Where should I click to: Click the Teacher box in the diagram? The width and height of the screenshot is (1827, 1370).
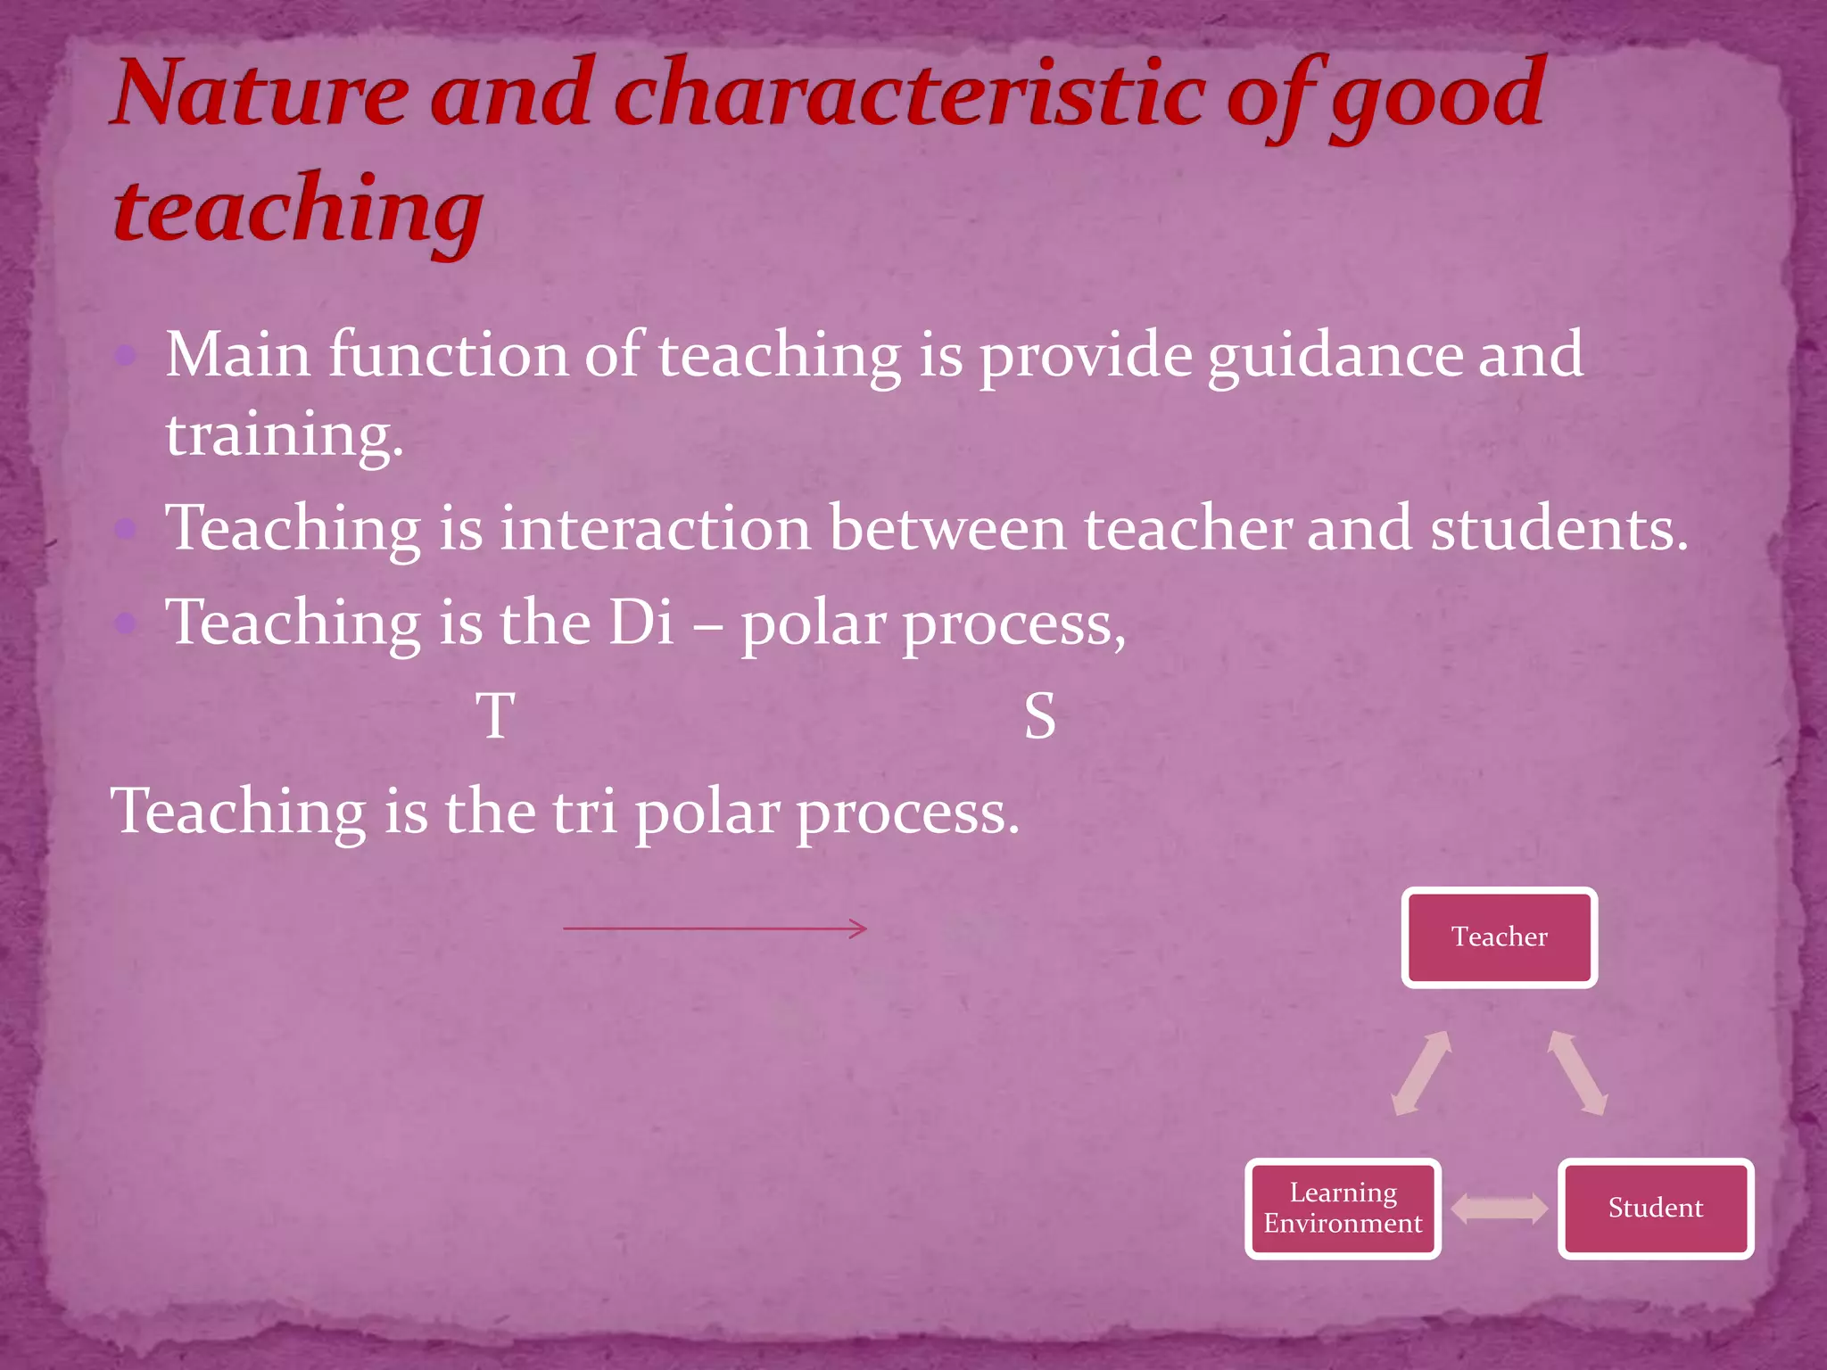1499,937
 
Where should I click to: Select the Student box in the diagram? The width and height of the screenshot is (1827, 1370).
1655,1208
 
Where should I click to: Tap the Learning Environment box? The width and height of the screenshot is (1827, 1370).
1343,1208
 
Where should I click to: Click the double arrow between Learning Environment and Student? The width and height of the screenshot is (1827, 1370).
1499,1209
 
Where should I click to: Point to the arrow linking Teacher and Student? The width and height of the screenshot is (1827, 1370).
1577,1073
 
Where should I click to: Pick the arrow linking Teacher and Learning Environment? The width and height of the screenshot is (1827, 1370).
1422,1073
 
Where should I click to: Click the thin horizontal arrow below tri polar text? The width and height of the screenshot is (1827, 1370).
714,928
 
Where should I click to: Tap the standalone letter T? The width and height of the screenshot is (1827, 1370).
496,716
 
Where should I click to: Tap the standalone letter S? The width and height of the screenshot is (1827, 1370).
1039,716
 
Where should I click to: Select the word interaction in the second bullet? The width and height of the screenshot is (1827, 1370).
655,529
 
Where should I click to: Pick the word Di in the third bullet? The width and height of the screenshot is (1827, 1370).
641,623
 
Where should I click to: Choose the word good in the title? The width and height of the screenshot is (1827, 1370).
1436,98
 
